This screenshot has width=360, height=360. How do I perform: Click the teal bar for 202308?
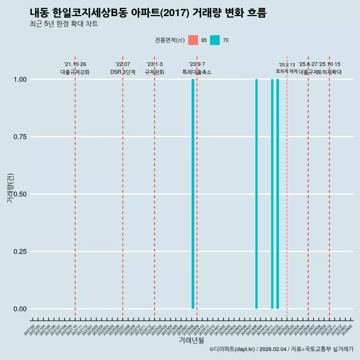193,194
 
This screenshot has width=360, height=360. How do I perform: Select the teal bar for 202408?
256,194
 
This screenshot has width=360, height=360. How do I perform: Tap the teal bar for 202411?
272,194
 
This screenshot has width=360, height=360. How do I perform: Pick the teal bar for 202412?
277,194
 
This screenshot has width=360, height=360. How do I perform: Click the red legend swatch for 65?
193,40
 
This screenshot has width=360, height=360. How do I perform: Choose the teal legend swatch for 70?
215,40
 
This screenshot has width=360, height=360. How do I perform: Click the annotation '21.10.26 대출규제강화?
75,68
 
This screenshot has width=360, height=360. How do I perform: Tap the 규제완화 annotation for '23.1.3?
154,72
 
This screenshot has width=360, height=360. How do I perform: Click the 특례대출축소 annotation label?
197,72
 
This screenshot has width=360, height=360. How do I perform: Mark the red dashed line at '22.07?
123,187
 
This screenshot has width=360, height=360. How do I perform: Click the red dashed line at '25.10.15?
329,187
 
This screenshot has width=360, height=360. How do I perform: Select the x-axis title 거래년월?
191,340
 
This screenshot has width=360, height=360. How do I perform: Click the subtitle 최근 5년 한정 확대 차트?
64,24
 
